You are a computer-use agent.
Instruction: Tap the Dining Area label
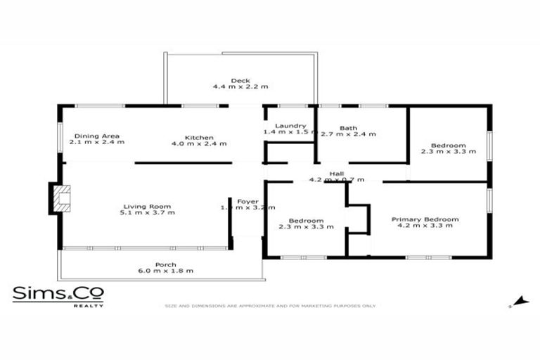97,136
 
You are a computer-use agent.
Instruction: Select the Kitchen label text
199,137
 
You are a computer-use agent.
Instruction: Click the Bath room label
348,128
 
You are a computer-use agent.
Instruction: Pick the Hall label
337,173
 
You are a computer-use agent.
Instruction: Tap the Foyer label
247,201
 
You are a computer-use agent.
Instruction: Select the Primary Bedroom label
425,219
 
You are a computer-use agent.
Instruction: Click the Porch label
165,264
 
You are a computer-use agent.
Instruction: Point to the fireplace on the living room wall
59,198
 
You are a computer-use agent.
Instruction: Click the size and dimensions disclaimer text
270,306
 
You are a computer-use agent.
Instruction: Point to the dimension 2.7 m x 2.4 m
348,134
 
